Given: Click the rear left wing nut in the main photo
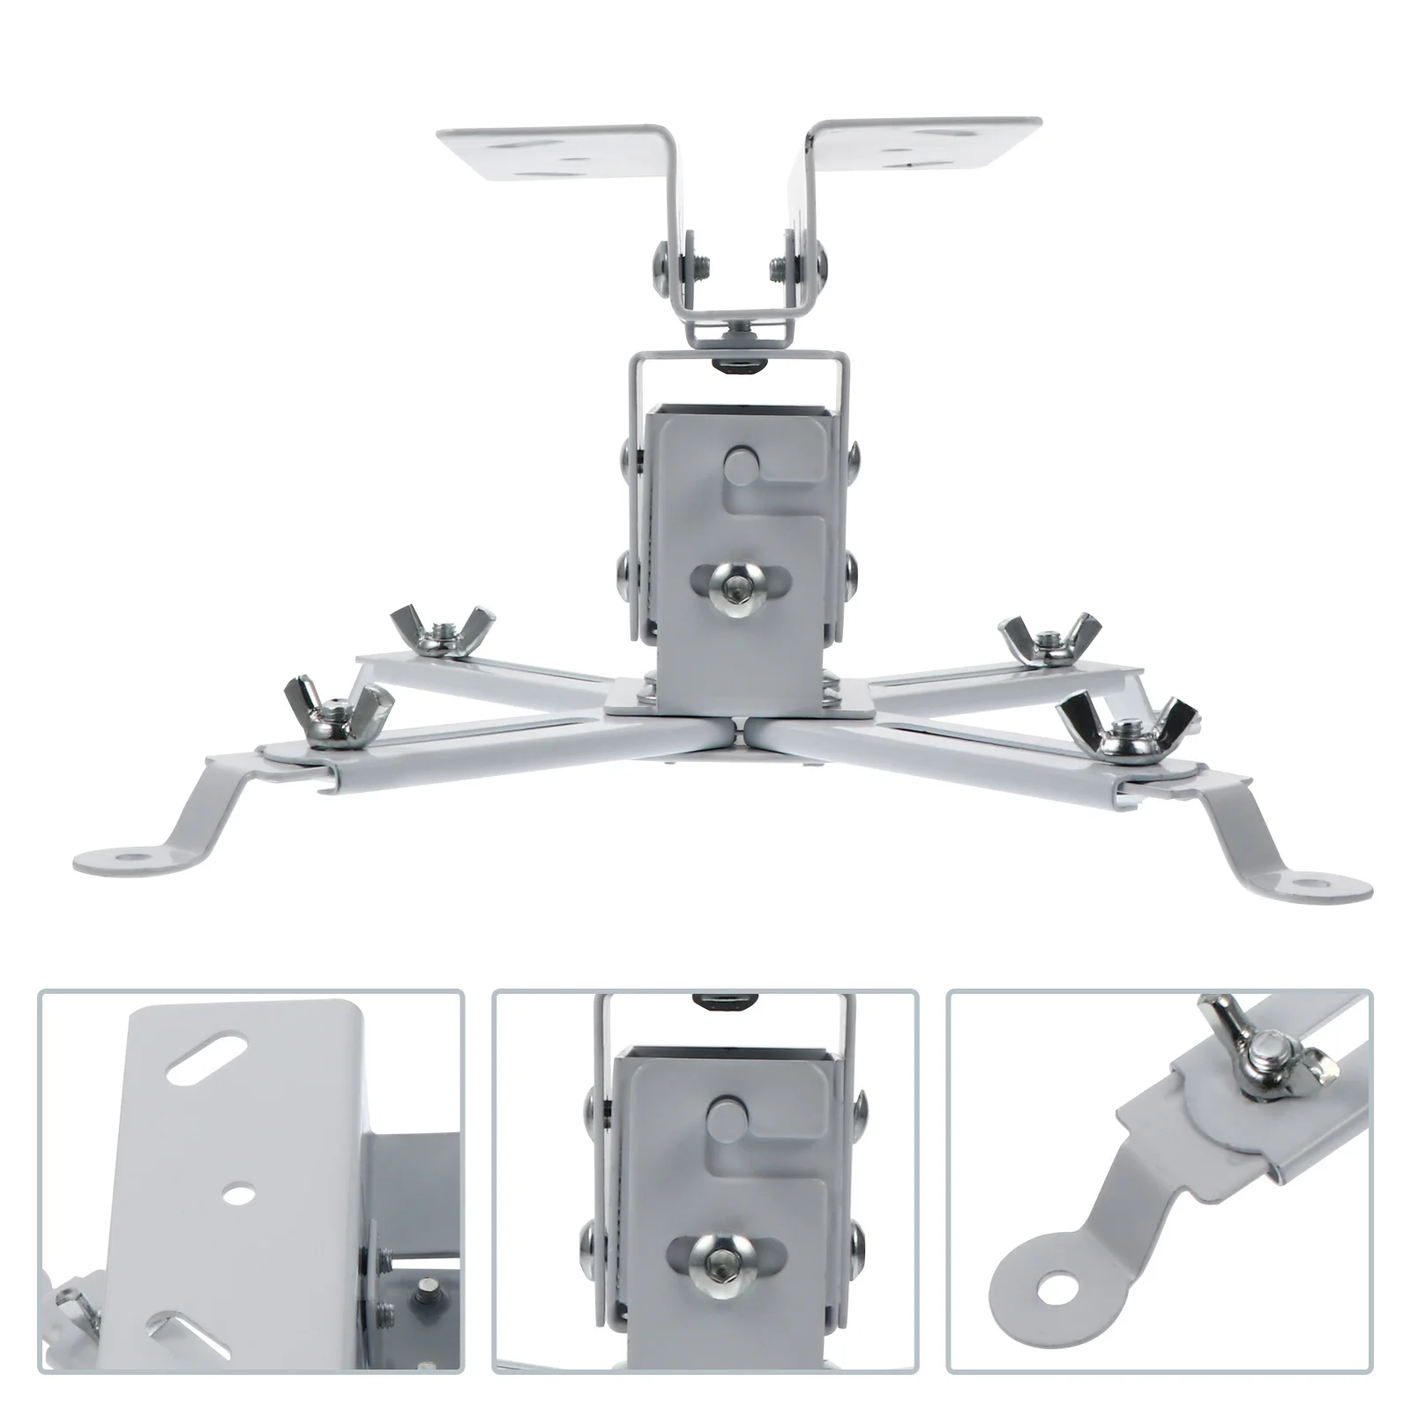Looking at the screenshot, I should coord(442,630).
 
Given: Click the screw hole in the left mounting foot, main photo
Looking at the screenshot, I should coord(132,855).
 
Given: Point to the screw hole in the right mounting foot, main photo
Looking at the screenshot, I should coord(1313,881).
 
